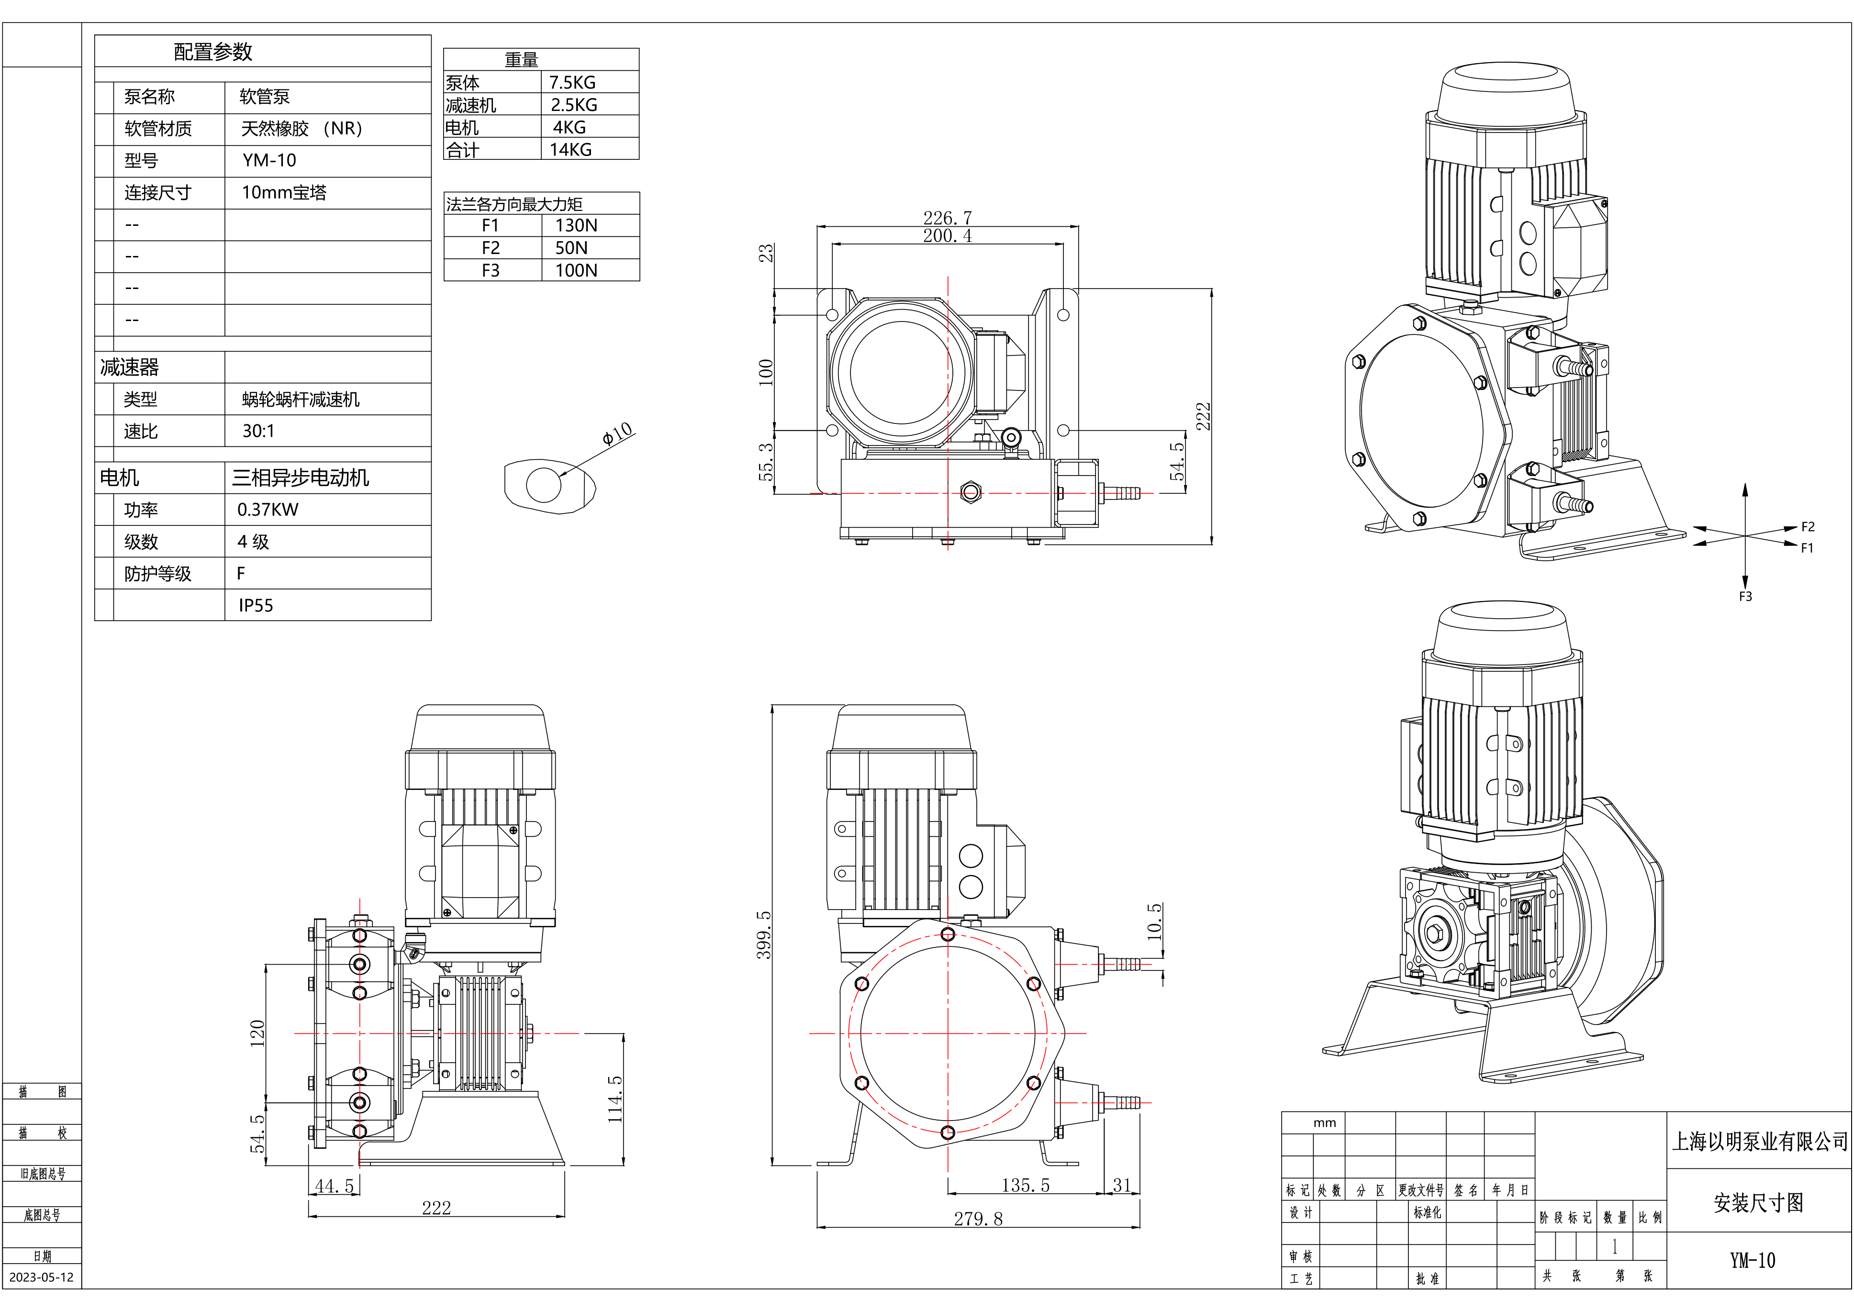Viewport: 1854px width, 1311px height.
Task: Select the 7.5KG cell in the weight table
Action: (x=572, y=82)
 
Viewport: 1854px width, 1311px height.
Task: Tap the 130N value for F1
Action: (x=576, y=225)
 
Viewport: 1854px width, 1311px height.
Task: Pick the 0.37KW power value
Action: (x=267, y=510)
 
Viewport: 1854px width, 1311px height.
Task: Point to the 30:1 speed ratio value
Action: (x=258, y=431)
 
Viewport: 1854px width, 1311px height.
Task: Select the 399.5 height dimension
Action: (x=763, y=935)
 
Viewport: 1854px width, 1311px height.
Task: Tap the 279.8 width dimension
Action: (x=978, y=1219)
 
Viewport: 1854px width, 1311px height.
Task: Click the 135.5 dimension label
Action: (x=1026, y=1185)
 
